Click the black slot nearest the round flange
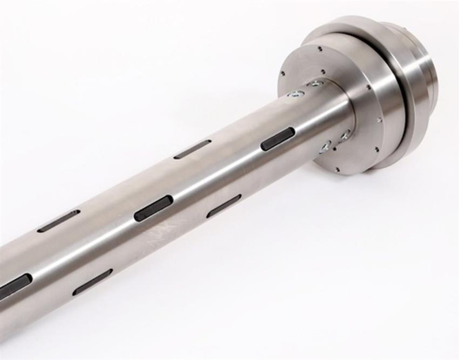tap(278, 139)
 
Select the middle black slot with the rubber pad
tap(153, 208)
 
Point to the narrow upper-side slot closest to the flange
tap(193, 149)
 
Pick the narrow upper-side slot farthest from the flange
tap(58, 221)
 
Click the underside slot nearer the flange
tap(224, 206)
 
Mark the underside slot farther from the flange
tap(92, 282)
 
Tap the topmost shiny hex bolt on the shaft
tap(316, 83)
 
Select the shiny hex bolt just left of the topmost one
tap(295, 94)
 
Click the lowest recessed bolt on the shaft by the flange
tap(325, 146)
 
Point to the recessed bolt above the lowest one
tap(344, 135)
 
